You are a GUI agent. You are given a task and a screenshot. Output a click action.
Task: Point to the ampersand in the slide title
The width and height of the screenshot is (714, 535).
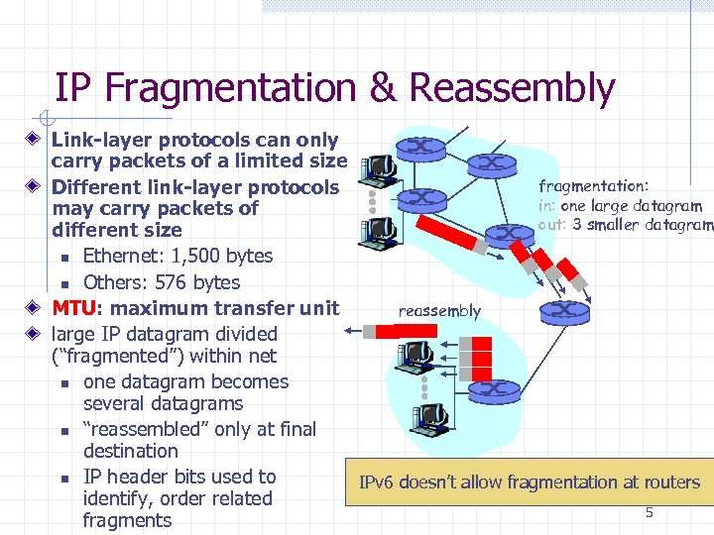tap(382, 89)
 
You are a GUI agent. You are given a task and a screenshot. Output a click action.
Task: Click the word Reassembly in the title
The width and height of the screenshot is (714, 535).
tap(512, 89)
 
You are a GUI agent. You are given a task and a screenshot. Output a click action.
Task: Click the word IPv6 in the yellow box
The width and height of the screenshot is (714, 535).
tap(380, 482)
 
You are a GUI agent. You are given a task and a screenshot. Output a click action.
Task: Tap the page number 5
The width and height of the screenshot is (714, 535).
tap(650, 512)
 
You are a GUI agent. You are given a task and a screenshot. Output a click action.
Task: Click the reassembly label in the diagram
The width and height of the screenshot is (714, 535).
tap(439, 311)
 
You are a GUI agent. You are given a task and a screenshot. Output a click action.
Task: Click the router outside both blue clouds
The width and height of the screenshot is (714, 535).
tap(565, 311)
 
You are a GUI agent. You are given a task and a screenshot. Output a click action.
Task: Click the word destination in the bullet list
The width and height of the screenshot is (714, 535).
tap(131, 452)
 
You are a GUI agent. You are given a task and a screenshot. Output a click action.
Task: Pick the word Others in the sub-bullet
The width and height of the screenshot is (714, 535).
tap(112, 282)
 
